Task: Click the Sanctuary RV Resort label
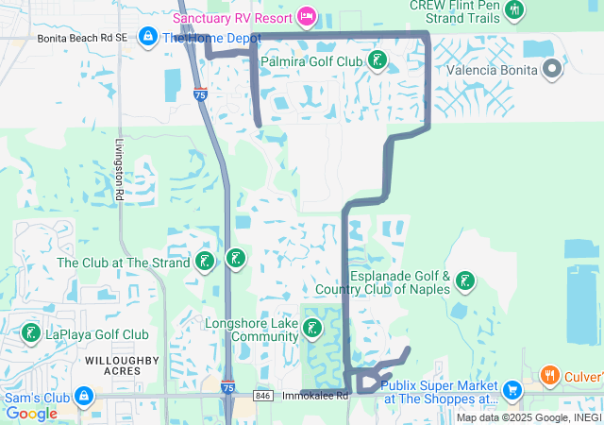[232, 18]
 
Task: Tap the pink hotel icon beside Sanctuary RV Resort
[306, 16]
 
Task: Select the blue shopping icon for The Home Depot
[147, 37]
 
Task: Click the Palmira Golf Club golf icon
[377, 61]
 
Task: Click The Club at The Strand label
[124, 263]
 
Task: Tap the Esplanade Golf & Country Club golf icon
[464, 280]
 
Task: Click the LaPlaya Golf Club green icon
[30, 333]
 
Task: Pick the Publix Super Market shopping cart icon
[512, 389]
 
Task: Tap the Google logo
[31, 413]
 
